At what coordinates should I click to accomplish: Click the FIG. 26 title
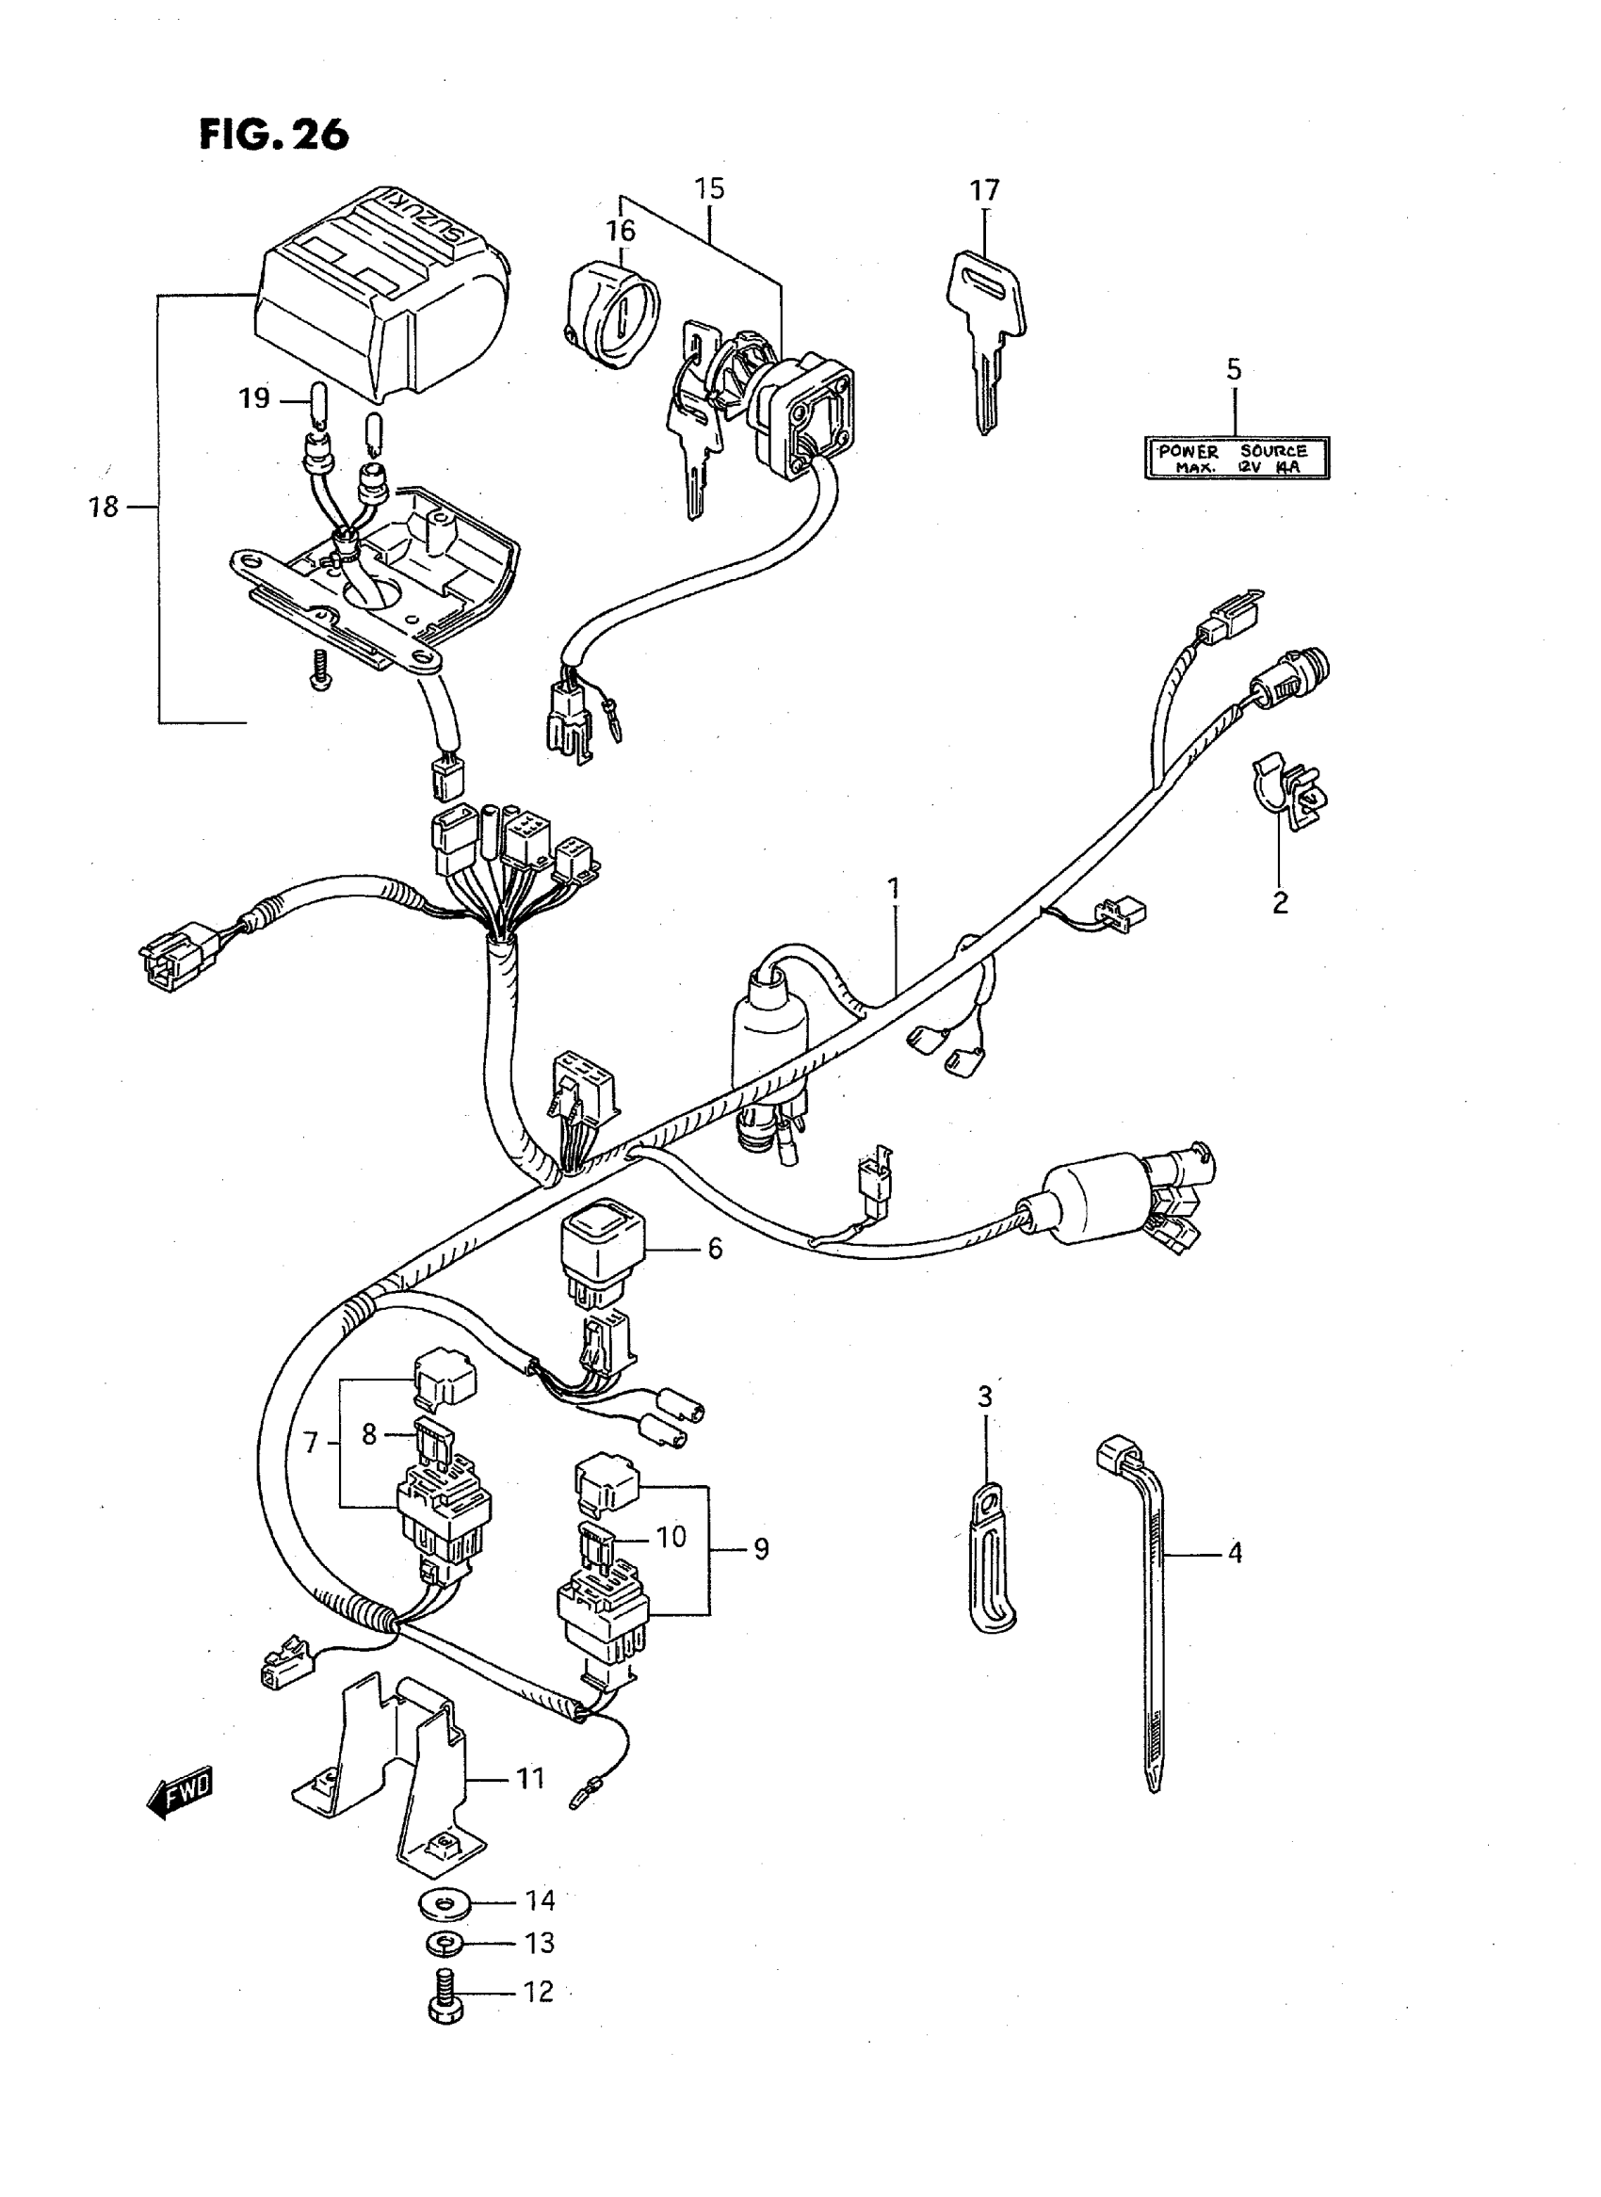[x=273, y=135]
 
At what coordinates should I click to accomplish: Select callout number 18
[x=104, y=507]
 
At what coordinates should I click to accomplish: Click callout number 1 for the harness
[x=893, y=889]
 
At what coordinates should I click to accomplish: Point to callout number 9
[x=761, y=1550]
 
